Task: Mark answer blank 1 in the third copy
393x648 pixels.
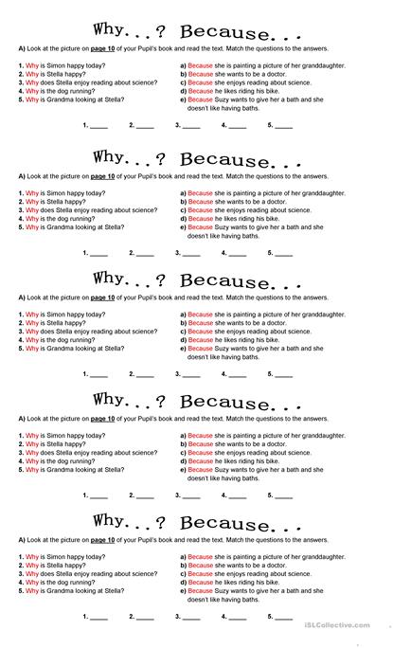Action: (98, 374)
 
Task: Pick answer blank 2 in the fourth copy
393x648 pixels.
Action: (144, 495)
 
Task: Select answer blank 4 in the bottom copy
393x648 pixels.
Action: (237, 617)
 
